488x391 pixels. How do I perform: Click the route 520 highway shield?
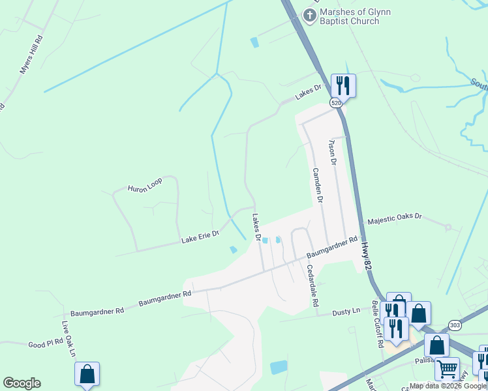point(335,103)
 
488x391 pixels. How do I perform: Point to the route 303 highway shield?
point(455,325)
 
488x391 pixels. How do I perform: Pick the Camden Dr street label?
point(317,186)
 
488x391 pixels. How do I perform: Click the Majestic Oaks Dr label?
point(395,220)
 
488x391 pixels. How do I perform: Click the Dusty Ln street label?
point(346,312)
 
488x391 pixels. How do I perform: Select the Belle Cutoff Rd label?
point(376,323)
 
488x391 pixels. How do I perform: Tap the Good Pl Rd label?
point(45,343)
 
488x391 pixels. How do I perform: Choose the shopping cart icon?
point(447,369)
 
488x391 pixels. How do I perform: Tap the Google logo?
point(22,383)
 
